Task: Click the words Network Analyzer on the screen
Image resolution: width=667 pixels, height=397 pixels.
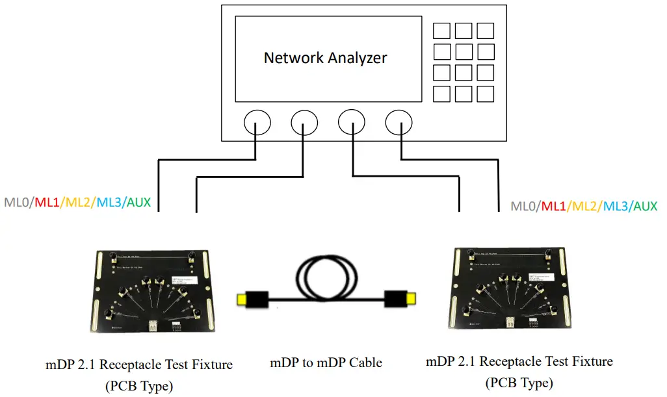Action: pyautogui.click(x=325, y=58)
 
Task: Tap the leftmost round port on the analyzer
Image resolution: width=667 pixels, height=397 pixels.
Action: pyautogui.click(x=257, y=122)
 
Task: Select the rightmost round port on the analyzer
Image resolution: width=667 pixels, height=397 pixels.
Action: pyautogui.click(x=399, y=122)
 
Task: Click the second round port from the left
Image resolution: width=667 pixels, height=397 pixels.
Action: pyautogui.click(x=304, y=122)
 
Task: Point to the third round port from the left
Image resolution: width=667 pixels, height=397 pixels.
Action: pyautogui.click(x=352, y=122)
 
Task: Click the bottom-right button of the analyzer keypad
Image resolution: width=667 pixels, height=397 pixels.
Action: pyautogui.click(x=485, y=94)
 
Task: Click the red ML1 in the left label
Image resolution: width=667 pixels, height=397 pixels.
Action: pyautogui.click(x=46, y=203)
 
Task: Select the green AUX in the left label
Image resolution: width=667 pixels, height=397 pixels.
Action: pyautogui.click(x=138, y=203)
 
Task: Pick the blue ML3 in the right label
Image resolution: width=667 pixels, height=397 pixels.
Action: pyautogui.click(x=616, y=207)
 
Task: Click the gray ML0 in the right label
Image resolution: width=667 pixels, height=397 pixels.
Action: pyautogui.click(x=524, y=207)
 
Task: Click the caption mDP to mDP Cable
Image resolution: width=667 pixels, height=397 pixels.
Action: pyautogui.click(x=326, y=363)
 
